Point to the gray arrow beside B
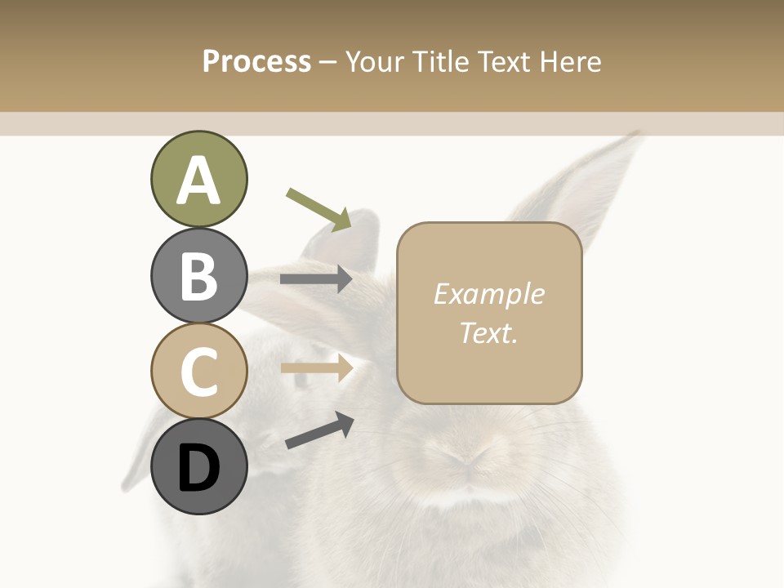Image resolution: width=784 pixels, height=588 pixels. tap(316, 279)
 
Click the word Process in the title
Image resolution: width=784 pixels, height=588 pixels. tap(256, 61)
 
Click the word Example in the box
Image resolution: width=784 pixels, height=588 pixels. tap(489, 294)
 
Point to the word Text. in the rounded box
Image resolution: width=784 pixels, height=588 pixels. tap(489, 332)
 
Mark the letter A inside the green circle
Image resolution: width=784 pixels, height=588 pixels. tap(198, 180)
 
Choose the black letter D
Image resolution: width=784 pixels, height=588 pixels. tap(198, 469)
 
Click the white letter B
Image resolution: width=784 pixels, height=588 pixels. tap(198, 276)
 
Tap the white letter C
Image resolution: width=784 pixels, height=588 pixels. tap(198, 372)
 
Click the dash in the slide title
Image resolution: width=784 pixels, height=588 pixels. tap(328, 62)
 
